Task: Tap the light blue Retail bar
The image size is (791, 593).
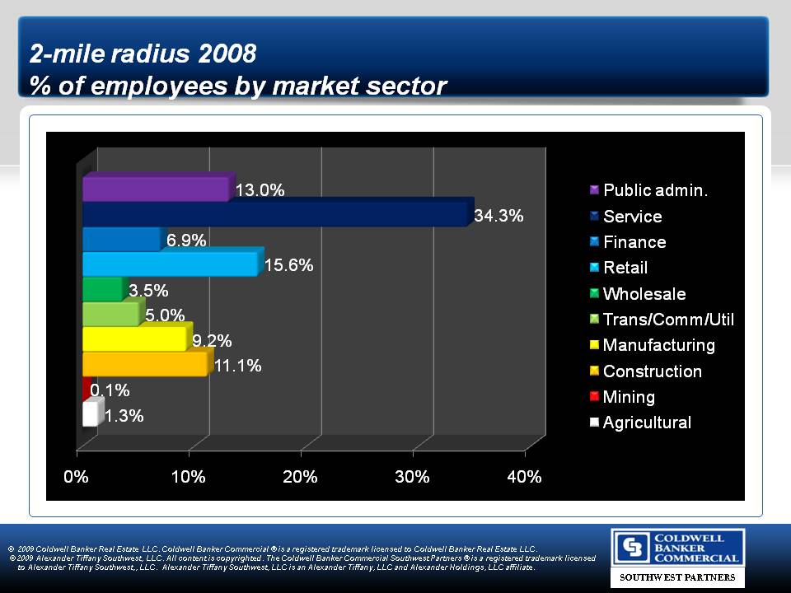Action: pyautogui.click(x=170, y=264)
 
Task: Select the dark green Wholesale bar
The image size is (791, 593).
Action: pyautogui.click(x=102, y=289)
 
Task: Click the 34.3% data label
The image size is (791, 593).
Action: pyautogui.click(x=499, y=216)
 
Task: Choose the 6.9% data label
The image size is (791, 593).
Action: pyautogui.click(x=186, y=240)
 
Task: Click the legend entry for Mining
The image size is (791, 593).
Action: pyautogui.click(x=628, y=397)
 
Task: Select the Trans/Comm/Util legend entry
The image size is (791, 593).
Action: pyautogui.click(x=667, y=320)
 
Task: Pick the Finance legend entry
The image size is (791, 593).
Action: pyautogui.click(x=634, y=242)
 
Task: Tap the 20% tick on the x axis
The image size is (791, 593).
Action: pyautogui.click(x=301, y=478)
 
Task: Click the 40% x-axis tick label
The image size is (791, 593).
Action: pyautogui.click(x=524, y=478)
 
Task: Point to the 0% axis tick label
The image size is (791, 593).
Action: pyautogui.click(x=77, y=478)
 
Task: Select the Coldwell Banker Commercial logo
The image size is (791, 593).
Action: pyautogui.click(x=677, y=548)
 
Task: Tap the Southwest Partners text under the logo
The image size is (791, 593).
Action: pyautogui.click(x=677, y=577)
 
